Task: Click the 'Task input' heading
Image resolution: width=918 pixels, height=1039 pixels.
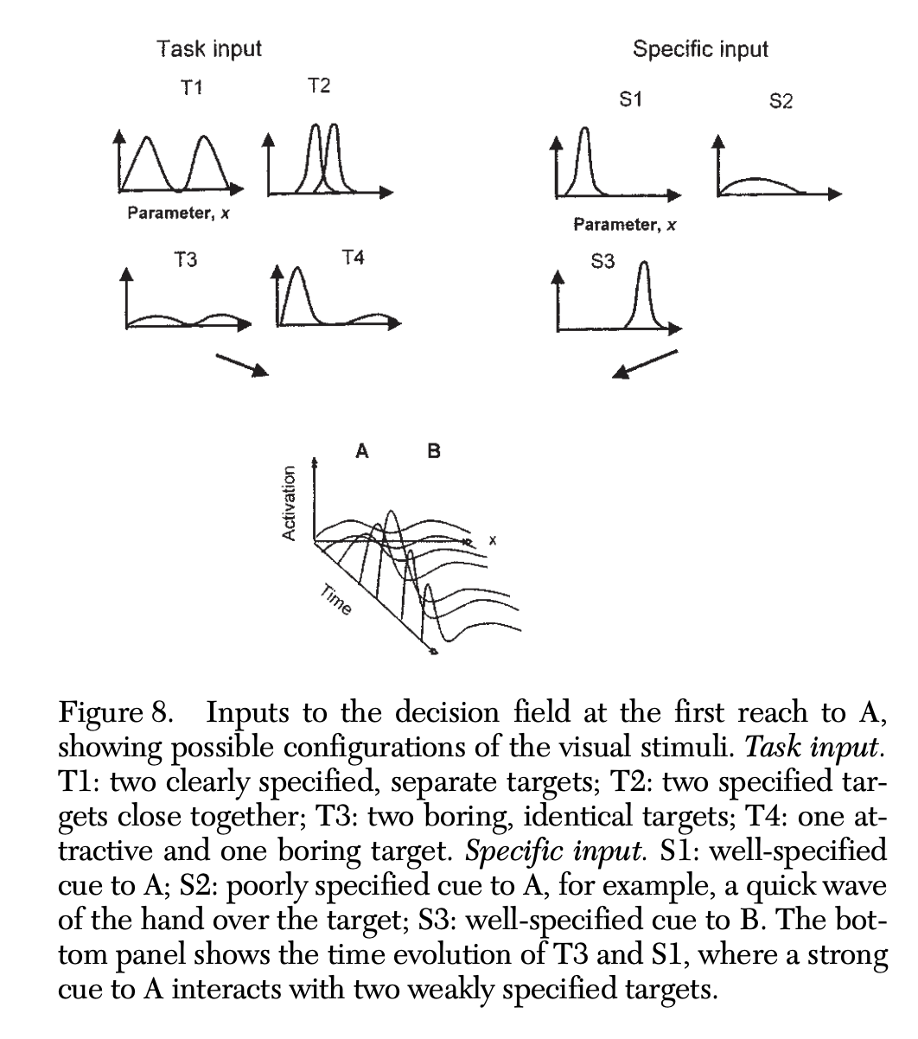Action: [208, 48]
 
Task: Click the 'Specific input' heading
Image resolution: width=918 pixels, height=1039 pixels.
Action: [699, 48]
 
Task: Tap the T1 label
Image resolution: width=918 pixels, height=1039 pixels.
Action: [191, 88]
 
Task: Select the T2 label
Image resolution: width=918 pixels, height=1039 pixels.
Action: [318, 86]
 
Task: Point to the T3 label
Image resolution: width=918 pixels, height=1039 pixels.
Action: [184, 259]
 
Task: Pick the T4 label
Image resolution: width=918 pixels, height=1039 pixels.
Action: [353, 257]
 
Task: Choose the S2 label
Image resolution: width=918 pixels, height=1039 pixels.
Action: [780, 102]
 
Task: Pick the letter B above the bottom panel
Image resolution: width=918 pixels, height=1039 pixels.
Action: [434, 450]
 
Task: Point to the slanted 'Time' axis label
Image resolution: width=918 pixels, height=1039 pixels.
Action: [335, 601]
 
